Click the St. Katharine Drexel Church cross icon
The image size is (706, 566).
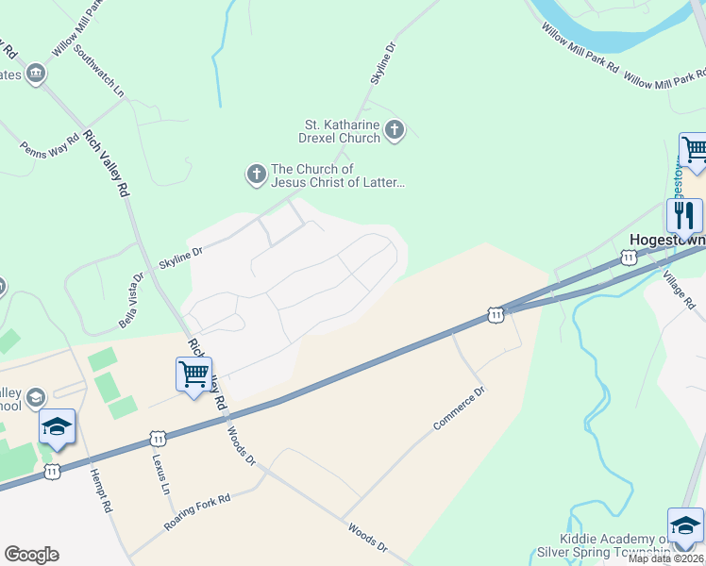395,130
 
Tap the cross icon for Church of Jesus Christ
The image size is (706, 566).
256,175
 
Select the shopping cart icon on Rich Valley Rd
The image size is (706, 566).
193,375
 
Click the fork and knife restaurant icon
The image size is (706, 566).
684,216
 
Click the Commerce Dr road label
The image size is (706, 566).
459,408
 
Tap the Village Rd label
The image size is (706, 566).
679,290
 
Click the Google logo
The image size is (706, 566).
31,555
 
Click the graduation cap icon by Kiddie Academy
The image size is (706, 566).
685,526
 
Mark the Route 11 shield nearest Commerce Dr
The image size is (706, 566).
495,314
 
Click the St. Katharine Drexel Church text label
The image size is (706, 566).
342,131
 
